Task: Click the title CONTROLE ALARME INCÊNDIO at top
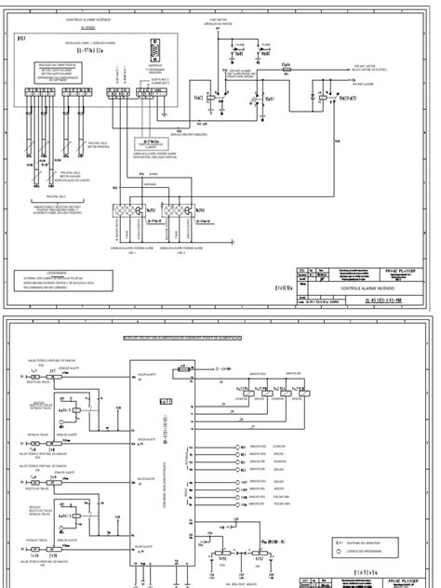89,19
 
